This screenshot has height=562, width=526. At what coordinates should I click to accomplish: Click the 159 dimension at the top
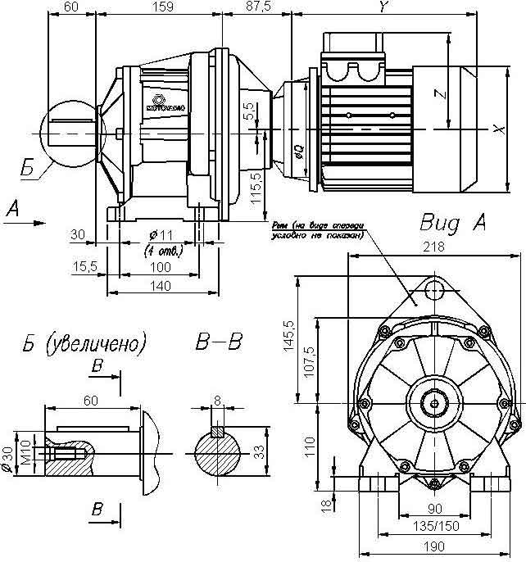(162, 7)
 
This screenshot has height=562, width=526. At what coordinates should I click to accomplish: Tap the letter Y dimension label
(383, 7)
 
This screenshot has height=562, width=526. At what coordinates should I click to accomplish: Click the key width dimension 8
(216, 401)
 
